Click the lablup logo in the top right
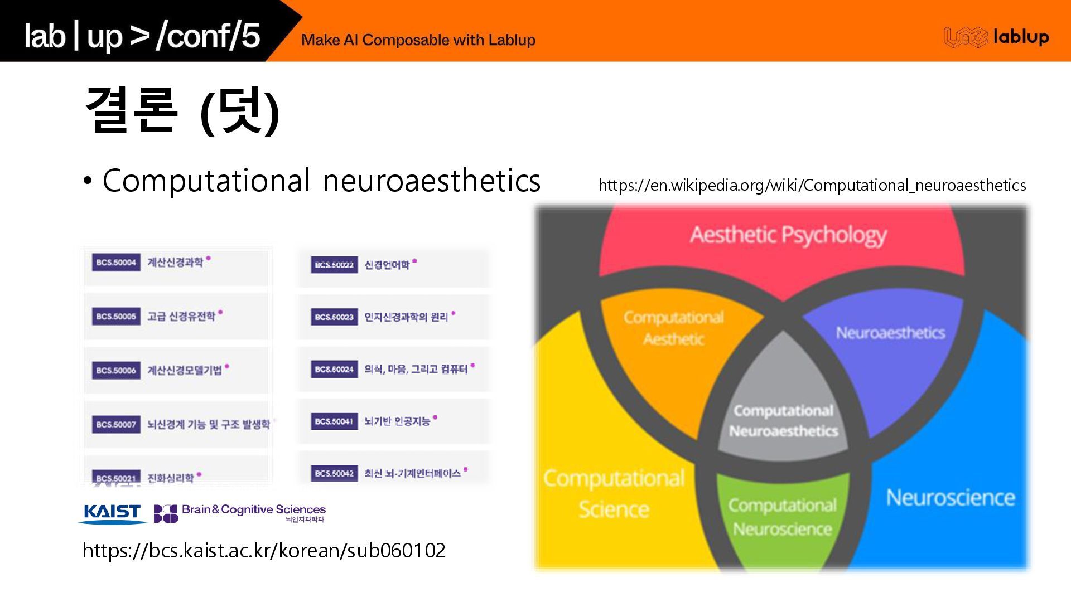point(996,37)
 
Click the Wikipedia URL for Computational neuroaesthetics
point(812,185)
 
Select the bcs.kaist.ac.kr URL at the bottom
point(264,550)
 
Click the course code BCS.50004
point(116,263)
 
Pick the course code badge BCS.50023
point(334,317)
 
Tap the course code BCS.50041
point(334,421)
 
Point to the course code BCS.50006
point(116,370)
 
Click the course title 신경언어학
point(387,265)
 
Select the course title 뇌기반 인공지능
point(397,421)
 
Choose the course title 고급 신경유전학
point(181,317)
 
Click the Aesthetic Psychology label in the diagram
point(788,235)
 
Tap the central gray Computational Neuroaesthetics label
point(783,421)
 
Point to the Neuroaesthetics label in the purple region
point(890,333)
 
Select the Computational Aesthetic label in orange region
point(673,328)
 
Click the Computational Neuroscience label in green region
point(782,517)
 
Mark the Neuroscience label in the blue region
point(950,497)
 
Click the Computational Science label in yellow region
point(614,493)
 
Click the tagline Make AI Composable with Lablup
point(418,40)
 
